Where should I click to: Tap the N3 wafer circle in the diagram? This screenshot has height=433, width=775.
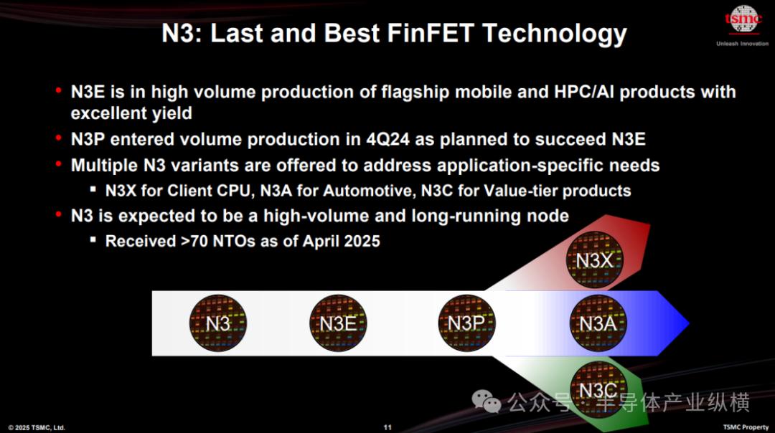[x=218, y=323]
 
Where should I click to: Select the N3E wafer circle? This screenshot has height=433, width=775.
[x=338, y=323]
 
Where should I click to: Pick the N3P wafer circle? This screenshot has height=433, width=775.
[x=466, y=323]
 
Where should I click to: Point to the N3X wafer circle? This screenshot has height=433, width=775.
[x=595, y=260]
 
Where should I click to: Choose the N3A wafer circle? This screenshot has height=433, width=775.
[x=598, y=323]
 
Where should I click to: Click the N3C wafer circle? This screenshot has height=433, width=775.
[x=598, y=390]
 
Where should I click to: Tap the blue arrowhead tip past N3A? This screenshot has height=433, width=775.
[x=689, y=323]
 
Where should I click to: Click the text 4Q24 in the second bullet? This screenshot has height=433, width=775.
[x=388, y=139]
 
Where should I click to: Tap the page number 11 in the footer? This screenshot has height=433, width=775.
[x=387, y=427]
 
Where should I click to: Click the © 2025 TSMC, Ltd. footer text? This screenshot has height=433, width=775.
[x=37, y=427]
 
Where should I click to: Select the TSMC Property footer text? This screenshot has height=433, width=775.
[x=746, y=427]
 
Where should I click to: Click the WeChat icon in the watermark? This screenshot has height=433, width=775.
[x=487, y=401]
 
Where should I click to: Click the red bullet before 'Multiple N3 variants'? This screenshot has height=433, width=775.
[x=59, y=163]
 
